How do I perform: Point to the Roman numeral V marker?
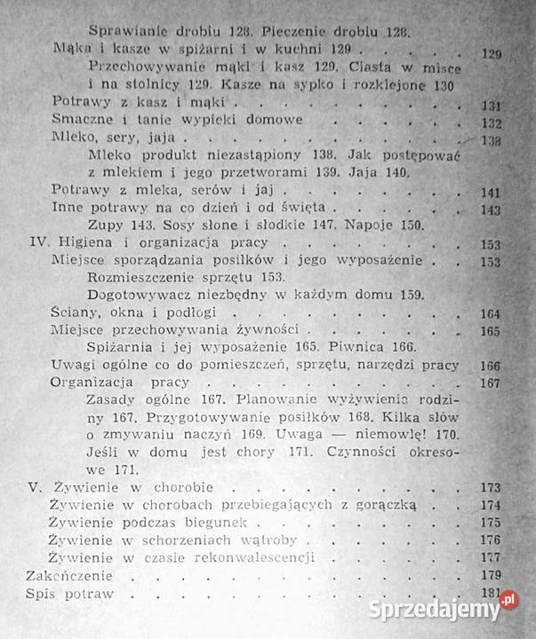35,486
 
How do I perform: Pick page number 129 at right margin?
491,52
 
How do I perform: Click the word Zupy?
109,225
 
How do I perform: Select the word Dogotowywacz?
141,296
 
